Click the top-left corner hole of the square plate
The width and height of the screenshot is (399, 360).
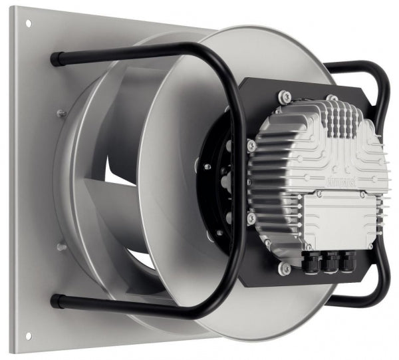click(28, 25)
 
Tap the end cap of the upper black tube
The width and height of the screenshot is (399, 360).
click(53, 60)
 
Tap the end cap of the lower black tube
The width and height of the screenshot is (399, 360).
click(53, 299)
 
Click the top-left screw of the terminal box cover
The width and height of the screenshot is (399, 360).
click(319, 194)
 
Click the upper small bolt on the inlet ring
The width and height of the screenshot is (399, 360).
click(61, 113)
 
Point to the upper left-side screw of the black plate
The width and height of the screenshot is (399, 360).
click(251, 144)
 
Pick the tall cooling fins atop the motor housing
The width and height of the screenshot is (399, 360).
click(339, 120)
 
